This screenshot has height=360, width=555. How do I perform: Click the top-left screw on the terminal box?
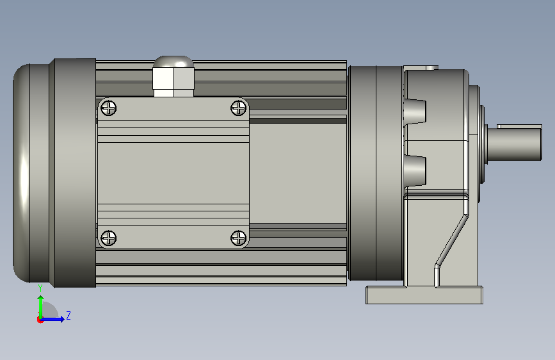pos(109,108)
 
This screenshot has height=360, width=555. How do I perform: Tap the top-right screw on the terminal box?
pos(239,108)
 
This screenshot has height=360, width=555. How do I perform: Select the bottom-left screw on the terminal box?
pos(109,238)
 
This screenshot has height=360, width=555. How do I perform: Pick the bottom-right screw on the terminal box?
pos(239,238)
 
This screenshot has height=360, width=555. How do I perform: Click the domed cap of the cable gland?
pos(173,61)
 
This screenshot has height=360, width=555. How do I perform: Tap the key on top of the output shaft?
pos(519,126)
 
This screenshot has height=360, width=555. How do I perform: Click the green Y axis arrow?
pos(41,307)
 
